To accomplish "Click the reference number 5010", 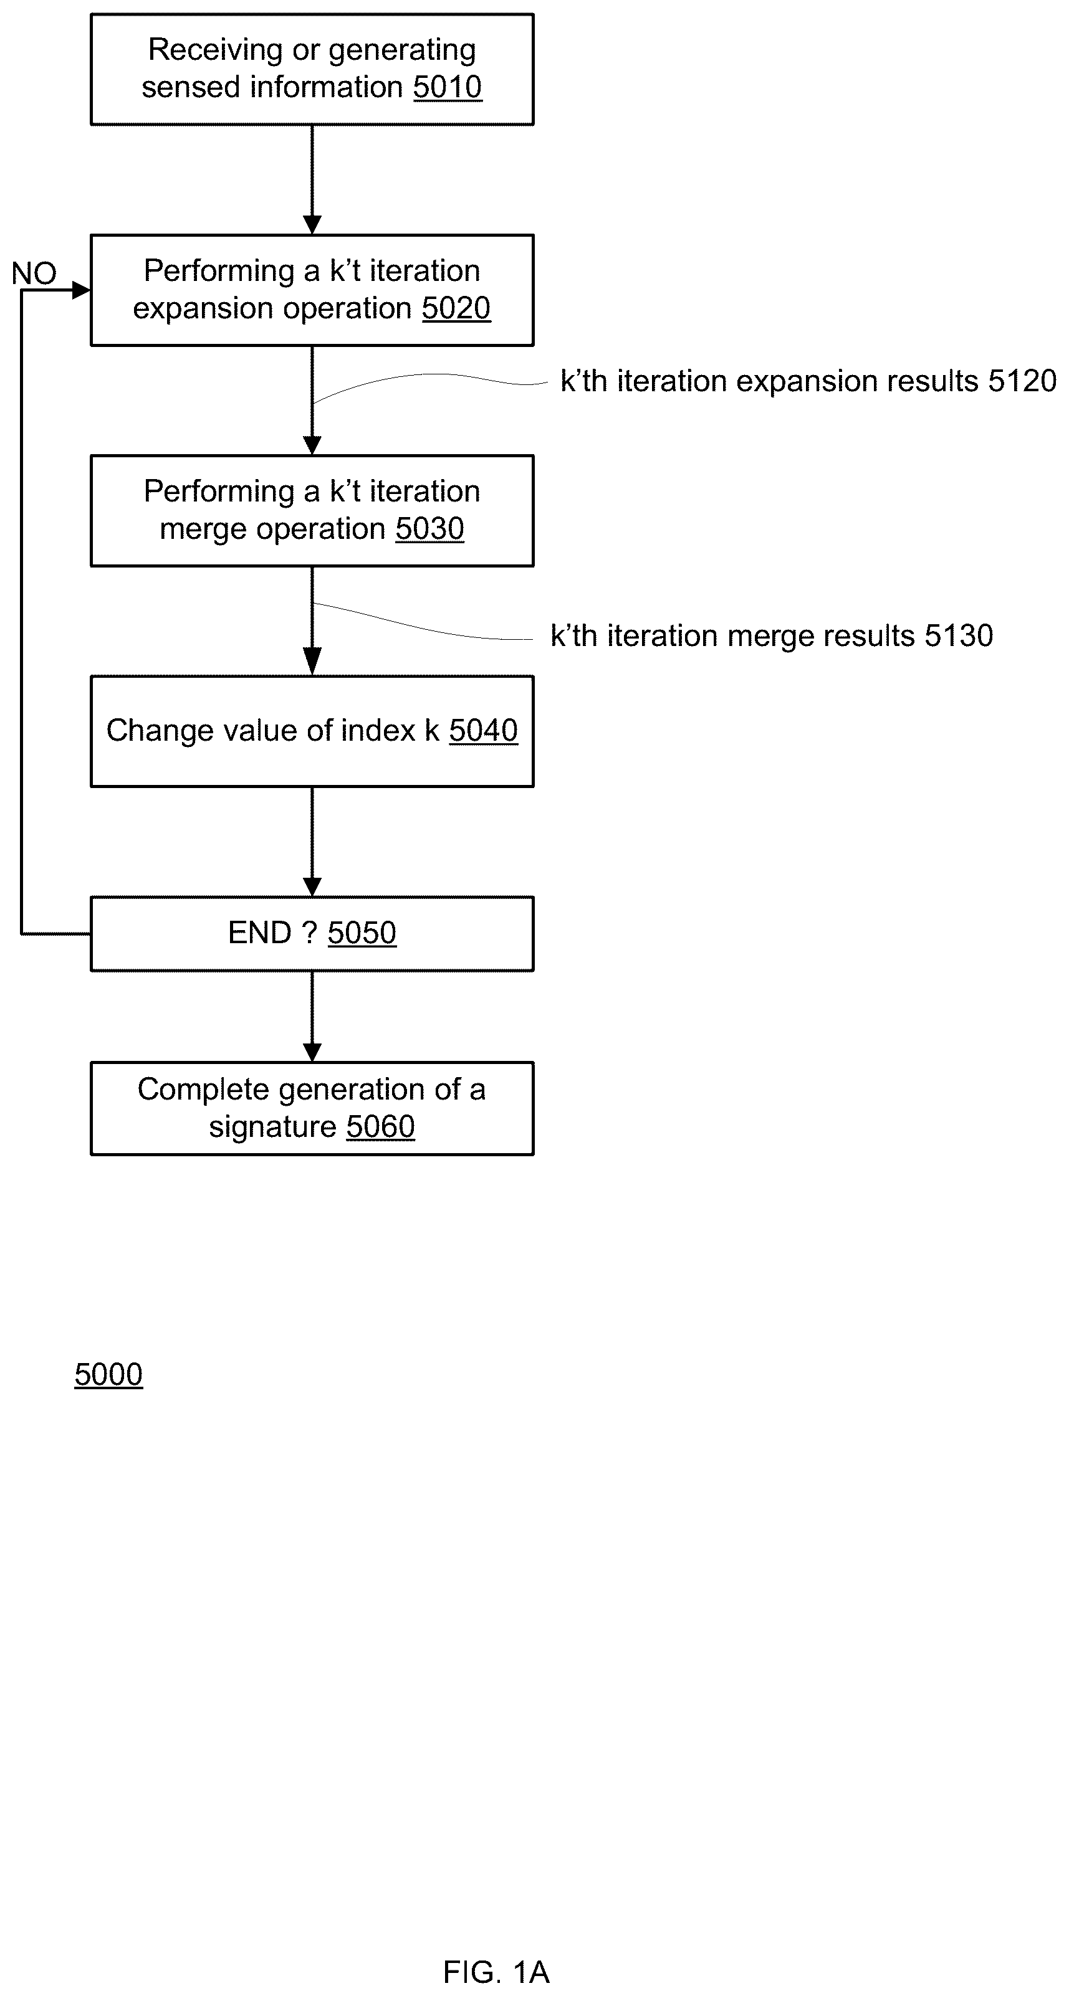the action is click(448, 87).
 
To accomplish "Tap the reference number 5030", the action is click(429, 530).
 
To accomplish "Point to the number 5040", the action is click(483, 731).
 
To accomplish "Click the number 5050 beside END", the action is click(362, 933).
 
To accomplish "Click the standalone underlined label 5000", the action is click(108, 1374).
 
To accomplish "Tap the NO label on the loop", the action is click(34, 273).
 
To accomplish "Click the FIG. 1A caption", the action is click(496, 1972).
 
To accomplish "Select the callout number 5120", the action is click(1022, 381).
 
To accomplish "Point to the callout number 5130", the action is click(959, 636).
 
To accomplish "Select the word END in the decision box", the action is click(260, 933).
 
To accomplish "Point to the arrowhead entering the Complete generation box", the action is click(312, 1052).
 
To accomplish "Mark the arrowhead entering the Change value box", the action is click(312, 662).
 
